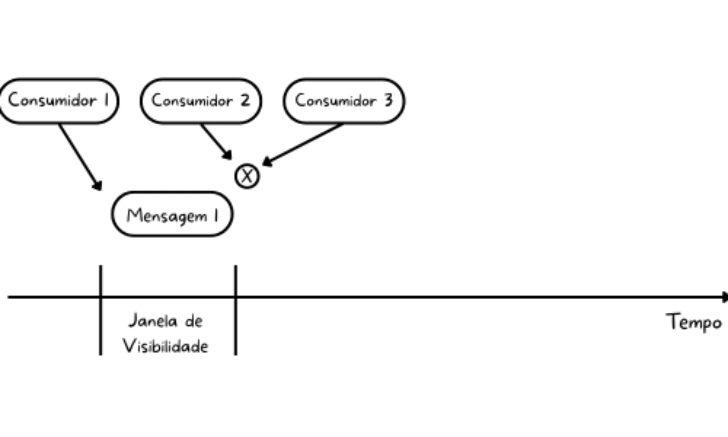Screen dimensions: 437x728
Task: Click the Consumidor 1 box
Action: point(58,101)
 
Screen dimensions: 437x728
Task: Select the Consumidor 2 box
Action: point(201,101)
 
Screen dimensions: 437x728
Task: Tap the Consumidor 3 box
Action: point(344,101)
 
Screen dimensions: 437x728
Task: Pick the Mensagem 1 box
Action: point(172,214)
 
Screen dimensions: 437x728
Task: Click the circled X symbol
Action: point(247,176)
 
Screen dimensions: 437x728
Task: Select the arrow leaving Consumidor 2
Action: point(215,141)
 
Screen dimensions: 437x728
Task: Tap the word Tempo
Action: point(694,322)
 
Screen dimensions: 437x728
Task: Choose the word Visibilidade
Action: point(166,346)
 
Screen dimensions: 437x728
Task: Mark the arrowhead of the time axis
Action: point(724,297)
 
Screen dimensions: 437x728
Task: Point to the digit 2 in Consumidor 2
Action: point(245,100)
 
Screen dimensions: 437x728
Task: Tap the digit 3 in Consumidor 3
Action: point(388,100)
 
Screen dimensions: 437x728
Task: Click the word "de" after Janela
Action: point(193,321)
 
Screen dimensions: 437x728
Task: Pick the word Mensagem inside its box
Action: point(167,215)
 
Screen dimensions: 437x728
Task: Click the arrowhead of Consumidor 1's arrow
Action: point(97,185)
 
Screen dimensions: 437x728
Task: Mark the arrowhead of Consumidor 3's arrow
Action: point(267,162)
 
